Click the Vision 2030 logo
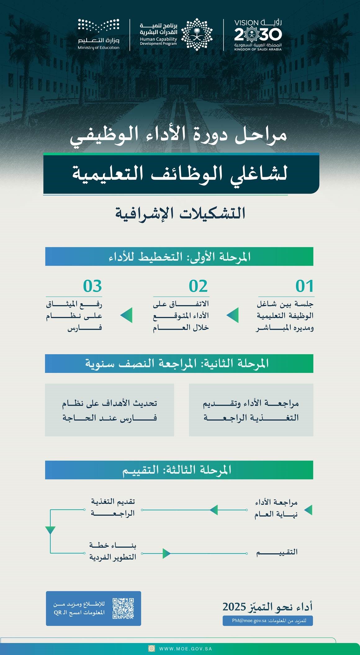tap(258, 35)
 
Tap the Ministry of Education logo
tap(99, 34)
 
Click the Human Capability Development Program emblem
tap(197, 34)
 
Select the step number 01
tap(304, 286)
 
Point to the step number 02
tap(198, 286)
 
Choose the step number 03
tap(92, 286)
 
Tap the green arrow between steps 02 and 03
tap(127, 315)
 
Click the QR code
tap(123, 608)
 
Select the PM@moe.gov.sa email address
tap(249, 621)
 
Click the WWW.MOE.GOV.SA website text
tap(186, 648)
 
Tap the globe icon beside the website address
tap(152, 648)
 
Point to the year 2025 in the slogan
tap(234, 607)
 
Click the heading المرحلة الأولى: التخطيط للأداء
tap(179, 256)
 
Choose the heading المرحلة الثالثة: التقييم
tap(177, 470)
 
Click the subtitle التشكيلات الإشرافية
tap(180, 213)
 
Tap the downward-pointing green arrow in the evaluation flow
tap(50, 530)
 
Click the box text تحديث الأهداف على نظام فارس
tap(110, 410)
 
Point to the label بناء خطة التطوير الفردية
tap(113, 551)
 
